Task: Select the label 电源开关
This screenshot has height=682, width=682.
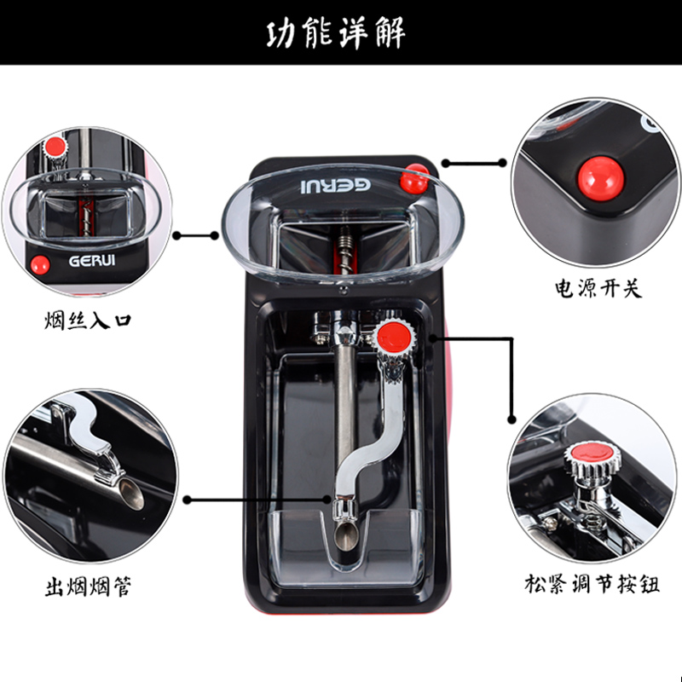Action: coord(596,287)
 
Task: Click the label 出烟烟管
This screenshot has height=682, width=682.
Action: coord(88,587)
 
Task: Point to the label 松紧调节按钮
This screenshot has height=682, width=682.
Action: coord(592,585)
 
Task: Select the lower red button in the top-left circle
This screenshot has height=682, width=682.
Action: coord(38,263)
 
